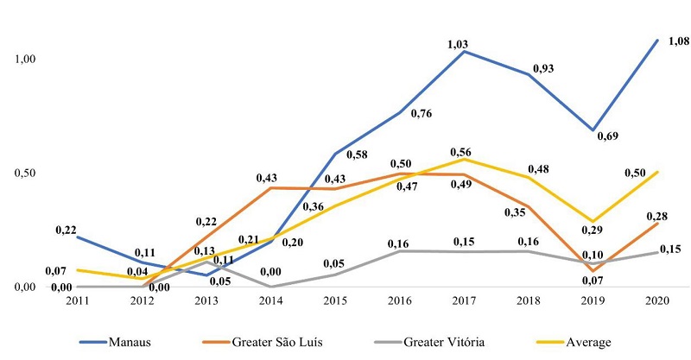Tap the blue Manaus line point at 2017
tap(466, 51)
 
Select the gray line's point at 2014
tap(271, 287)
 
